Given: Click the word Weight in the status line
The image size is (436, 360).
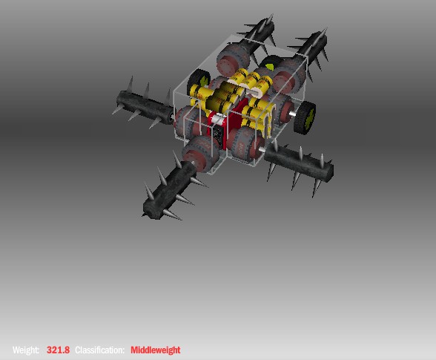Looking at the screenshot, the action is [x=25, y=350].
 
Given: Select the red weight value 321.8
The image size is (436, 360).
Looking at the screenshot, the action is [x=58, y=350].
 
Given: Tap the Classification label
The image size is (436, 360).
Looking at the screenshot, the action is [x=99, y=350].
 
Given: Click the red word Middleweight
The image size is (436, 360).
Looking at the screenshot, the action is [x=156, y=350].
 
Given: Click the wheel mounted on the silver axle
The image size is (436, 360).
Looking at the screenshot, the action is [x=305, y=117].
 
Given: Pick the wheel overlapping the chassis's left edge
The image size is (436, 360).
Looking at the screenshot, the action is [x=199, y=80].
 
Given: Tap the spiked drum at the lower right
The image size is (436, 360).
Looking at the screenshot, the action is [x=299, y=164].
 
